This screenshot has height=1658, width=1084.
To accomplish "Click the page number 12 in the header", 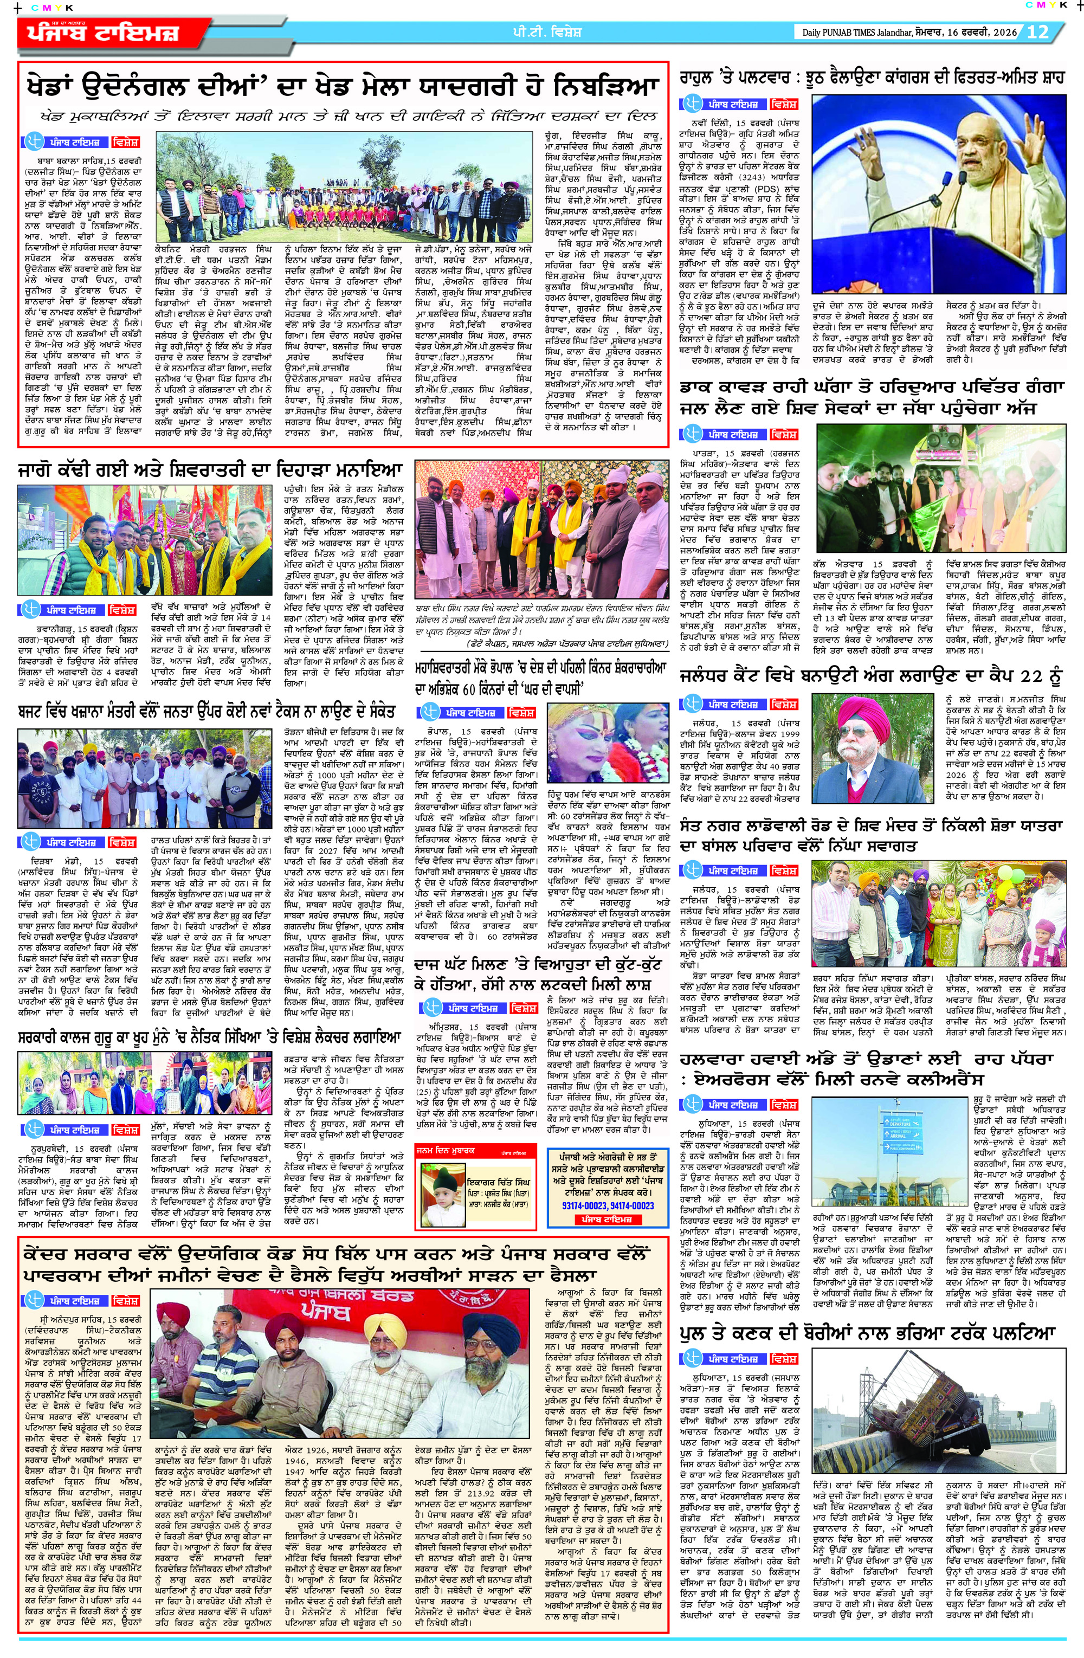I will point(1037,32).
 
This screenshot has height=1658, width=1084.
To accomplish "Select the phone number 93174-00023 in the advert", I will point(576,1205).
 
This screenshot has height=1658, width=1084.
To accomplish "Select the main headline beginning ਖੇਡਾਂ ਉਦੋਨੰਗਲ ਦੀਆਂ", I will point(342,87).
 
